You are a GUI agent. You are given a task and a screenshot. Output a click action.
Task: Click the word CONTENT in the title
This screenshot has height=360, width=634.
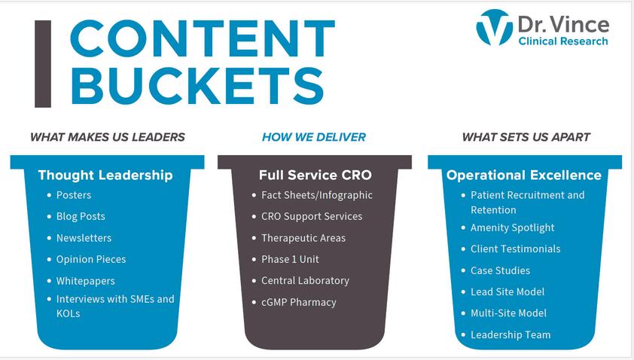(x=201, y=38)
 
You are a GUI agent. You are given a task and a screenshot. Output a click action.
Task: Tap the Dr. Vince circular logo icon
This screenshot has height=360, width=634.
(x=494, y=28)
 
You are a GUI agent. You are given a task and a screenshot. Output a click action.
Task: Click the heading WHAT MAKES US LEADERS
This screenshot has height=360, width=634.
(x=107, y=137)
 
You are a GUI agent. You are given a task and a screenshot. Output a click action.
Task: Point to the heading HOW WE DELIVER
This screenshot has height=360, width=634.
(x=313, y=137)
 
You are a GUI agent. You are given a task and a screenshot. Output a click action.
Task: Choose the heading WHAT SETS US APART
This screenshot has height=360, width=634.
(x=526, y=137)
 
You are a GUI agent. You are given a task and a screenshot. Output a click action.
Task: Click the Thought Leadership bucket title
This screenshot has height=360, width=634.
(x=105, y=175)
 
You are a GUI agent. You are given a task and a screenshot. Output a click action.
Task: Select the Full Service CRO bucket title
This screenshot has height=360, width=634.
(x=315, y=175)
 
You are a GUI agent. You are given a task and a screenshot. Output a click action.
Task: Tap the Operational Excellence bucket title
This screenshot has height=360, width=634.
(x=524, y=175)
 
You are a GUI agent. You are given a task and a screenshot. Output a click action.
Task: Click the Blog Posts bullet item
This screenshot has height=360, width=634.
(x=81, y=216)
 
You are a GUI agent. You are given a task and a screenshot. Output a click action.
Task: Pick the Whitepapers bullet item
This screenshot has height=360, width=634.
(x=85, y=281)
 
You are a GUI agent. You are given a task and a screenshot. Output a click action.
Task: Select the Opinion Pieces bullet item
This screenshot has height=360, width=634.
(x=91, y=259)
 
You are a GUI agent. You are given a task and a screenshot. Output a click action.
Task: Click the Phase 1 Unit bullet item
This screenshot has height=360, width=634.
(x=290, y=259)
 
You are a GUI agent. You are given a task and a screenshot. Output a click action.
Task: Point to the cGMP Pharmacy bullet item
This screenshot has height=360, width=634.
(x=298, y=302)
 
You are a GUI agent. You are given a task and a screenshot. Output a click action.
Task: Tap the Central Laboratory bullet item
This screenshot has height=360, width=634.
(x=305, y=280)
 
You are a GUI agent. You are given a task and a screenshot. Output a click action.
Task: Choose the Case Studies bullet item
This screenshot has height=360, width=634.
(x=500, y=270)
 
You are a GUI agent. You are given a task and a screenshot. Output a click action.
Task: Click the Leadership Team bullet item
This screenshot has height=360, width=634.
(x=511, y=334)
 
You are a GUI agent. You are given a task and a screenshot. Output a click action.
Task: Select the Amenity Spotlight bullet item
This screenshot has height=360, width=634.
(x=512, y=227)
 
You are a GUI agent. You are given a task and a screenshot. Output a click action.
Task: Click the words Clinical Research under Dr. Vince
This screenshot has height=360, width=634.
(x=562, y=41)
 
